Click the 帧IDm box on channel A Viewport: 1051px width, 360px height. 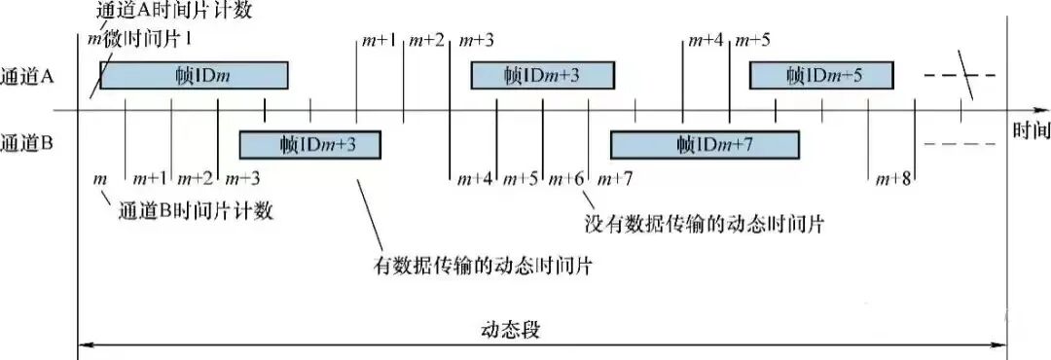tap(194, 76)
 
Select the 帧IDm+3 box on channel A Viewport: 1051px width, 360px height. tap(543, 76)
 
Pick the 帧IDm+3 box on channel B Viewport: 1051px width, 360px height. tap(310, 145)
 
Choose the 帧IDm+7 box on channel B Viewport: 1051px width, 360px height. tap(704, 145)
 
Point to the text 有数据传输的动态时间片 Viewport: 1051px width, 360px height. tap(485, 265)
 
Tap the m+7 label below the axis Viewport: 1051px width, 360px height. tap(615, 179)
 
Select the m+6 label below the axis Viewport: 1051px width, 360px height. tap(566, 179)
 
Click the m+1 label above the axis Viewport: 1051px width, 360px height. tap(380, 40)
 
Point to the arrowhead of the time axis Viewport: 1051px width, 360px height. tap(1002, 110)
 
